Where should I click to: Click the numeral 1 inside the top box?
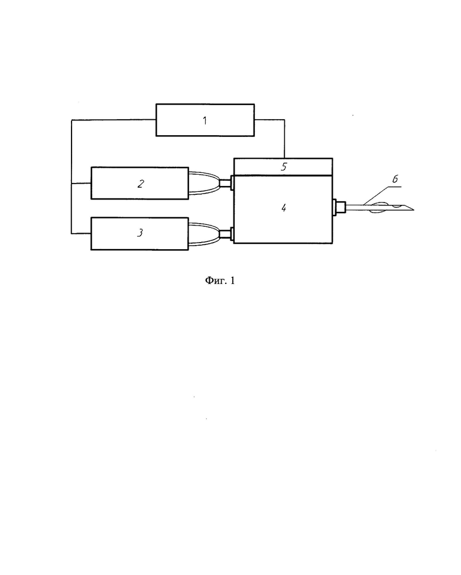(205, 120)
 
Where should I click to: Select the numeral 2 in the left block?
(141, 184)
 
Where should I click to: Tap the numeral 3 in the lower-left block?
(140, 233)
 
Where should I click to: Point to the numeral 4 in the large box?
(283, 208)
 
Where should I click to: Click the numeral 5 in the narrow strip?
(284, 167)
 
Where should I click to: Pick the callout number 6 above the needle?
(395, 179)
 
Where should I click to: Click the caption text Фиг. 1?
(219, 281)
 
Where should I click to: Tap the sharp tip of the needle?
(414, 210)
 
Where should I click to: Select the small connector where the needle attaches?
(339, 207)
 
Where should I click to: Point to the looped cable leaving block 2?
(204, 183)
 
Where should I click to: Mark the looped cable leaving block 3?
(204, 234)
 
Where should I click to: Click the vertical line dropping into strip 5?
(284, 139)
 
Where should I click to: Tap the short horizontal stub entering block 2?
(81, 183)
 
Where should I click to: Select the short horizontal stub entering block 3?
(81, 233)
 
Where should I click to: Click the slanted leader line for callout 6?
(375, 195)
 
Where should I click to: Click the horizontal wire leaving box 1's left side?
(114, 120)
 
